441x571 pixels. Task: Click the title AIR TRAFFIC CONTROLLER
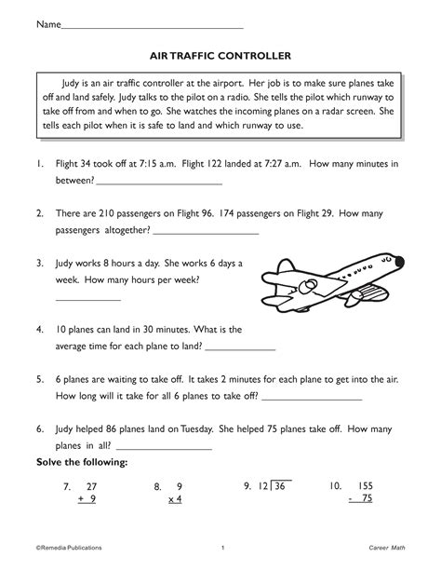[x=220, y=55]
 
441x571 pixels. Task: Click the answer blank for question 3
[x=88, y=300]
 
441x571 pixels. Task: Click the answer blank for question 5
[x=313, y=397]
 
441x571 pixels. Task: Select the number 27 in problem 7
[x=91, y=486]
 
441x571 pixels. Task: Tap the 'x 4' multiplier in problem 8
[x=175, y=500]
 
